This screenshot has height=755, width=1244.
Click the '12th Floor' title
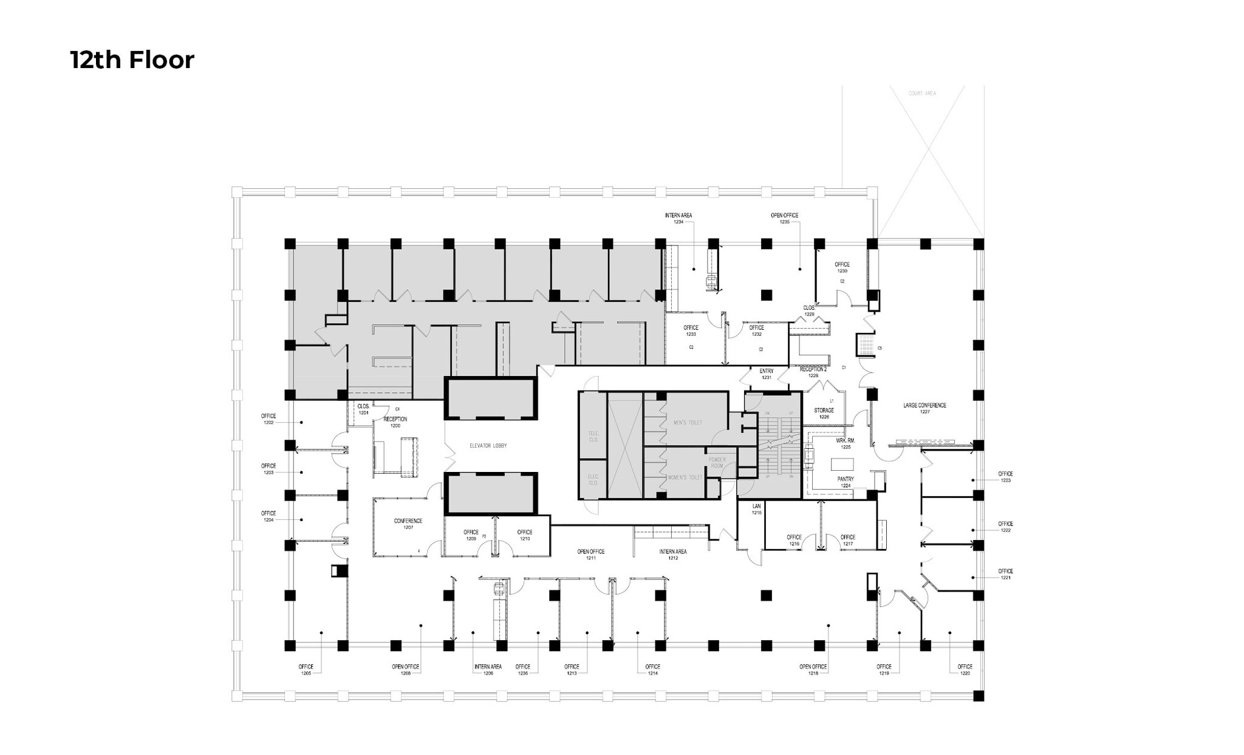click(132, 60)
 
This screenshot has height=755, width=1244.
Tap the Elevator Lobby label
click(488, 446)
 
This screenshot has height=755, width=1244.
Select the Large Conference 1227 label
click(924, 408)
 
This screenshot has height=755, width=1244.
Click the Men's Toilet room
click(688, 422)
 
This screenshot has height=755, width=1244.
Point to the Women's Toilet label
click(685, 477)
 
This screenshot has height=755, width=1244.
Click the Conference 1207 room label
click(408, 524)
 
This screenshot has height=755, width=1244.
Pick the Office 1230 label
click(842, 267)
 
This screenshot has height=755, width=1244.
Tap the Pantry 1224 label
click(846, 482)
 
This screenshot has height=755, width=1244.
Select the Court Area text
click(921, 94)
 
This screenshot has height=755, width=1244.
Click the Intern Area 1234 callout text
click(678, 219)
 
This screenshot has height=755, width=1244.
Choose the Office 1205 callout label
click(306, 669)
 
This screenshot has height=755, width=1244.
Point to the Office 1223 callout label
click(1005, 477)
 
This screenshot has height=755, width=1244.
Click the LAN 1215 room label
click(756, 509)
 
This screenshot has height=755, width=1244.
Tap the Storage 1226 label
click(824, 414)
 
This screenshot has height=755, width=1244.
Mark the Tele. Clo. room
click(593, 436)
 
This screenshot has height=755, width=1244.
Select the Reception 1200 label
click(395, 422)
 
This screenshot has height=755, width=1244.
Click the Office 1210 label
click(524, 535)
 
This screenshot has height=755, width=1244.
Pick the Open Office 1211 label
click(590, 555)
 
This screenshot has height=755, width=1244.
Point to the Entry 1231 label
click(766, 374)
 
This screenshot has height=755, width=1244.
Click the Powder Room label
click(717, 463)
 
